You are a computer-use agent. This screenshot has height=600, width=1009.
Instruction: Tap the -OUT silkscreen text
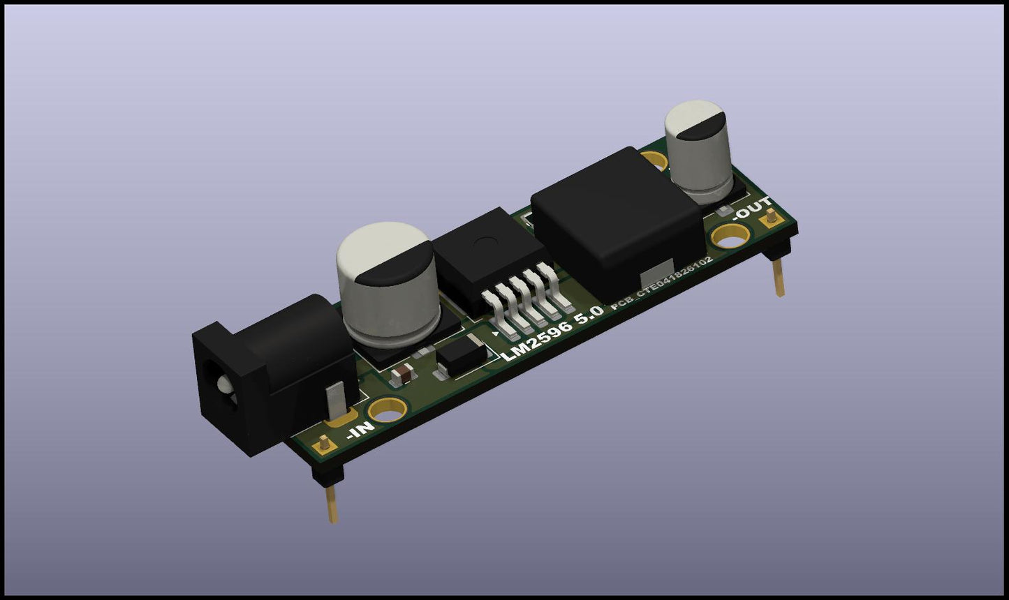click(752, 209)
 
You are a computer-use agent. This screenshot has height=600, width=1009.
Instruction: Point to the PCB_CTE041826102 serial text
click(662, 282)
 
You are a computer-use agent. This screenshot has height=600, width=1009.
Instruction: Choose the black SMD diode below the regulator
click(461, 357)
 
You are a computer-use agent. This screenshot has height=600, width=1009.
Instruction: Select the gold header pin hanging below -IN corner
click(332, 503)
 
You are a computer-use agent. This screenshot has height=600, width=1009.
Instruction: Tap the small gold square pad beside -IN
click(323, 443)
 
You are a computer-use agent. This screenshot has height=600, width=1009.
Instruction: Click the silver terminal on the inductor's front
click(659, 271)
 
